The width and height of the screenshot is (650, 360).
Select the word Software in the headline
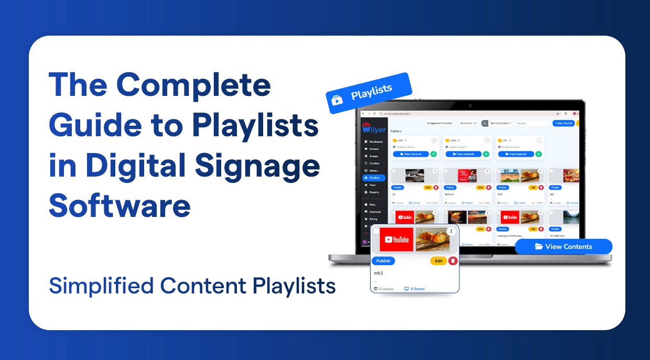click(120, 206)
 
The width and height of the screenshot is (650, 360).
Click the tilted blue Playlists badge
click(369, 93)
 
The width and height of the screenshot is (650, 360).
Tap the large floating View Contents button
click(564, 246)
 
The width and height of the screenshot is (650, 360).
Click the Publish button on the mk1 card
click(383, 261)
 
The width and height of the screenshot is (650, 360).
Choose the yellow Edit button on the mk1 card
click(438, 261)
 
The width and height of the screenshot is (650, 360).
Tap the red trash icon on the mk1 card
click(453, 261)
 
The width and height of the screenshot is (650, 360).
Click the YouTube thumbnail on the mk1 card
click(396, 239)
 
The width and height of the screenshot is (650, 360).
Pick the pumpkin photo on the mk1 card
click(432, 239)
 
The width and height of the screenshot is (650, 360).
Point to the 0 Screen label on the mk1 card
click(414, 289)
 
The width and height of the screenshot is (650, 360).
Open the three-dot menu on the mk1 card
click(450, 231)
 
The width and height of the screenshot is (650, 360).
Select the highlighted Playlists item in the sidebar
click(374, 178)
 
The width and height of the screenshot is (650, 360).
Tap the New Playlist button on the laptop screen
click(564, 123)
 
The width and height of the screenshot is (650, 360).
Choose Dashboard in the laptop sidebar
click(374, 141)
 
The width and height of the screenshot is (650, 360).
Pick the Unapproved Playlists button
click(440, 123)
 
